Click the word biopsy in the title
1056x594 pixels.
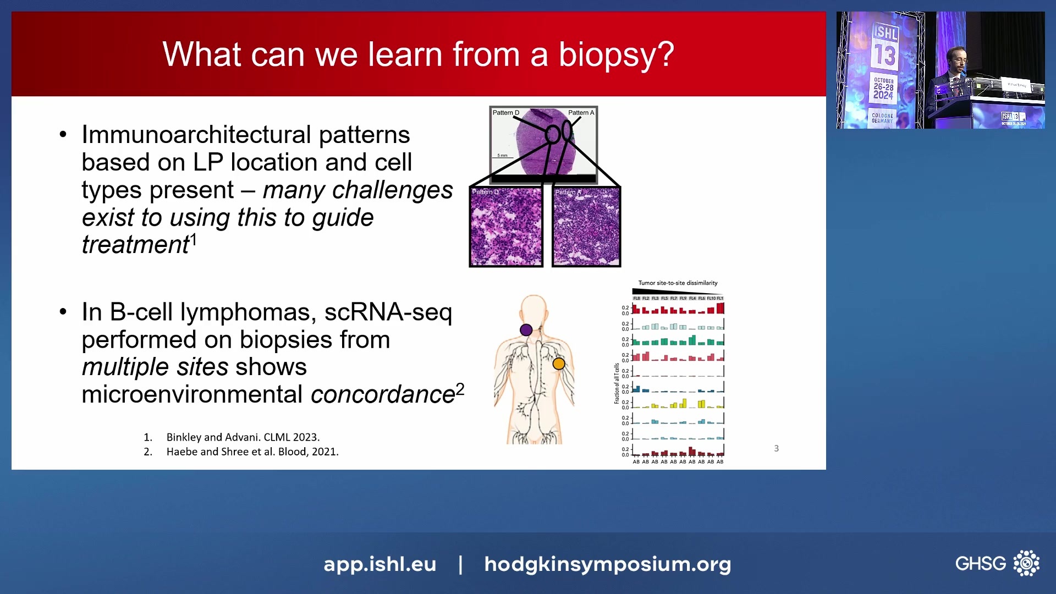pos(616,55)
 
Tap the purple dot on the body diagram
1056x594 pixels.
pos(526,330)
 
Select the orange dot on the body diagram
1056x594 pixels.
pos(558,364)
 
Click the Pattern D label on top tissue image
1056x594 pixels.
pos(505,113)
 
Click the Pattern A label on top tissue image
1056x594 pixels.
pos(581,113)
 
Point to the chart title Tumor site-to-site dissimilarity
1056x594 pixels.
pos(678,283)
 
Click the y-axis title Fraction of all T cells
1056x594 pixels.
pos(617,384)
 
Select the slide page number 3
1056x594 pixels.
pos(776,449)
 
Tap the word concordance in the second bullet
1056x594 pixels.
pos(382,395)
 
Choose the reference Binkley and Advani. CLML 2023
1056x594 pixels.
pos(243,437)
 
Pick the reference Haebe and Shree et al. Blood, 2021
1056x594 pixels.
pos(252,452)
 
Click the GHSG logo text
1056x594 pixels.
pos(980,564)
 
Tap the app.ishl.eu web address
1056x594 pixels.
pos(380,564)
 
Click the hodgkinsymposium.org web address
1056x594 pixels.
pos(607,564)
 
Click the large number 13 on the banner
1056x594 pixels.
pos(885,56)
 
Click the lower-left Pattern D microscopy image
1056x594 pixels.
pos(506,227)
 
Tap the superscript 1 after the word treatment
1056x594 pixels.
pos(193,240)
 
